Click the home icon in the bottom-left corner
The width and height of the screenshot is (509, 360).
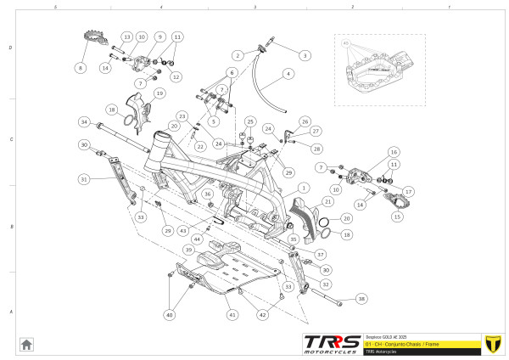tap(26, 344)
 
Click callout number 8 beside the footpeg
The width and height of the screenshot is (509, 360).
tap(81, 67)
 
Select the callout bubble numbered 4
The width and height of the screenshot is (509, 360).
tap(288, 74)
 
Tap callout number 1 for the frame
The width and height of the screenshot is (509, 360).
tap(303, 186)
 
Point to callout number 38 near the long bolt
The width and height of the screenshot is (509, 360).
tap(362, 299)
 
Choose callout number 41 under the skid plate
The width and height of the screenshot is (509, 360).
tap(231, 314)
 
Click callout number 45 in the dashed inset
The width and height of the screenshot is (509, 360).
tap(346, 42)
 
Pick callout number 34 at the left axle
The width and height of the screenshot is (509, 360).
tap(83, 122)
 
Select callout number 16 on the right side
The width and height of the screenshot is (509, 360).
tap(393, 151)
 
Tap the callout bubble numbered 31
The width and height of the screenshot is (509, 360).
tap(83, 179)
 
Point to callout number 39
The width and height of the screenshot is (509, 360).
tap(188, 250)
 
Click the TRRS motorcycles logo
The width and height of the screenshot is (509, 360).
tap(331, 343)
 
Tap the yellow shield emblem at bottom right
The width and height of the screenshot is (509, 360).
tap(489, 343)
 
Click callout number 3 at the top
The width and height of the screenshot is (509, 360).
tap(304, 55)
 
